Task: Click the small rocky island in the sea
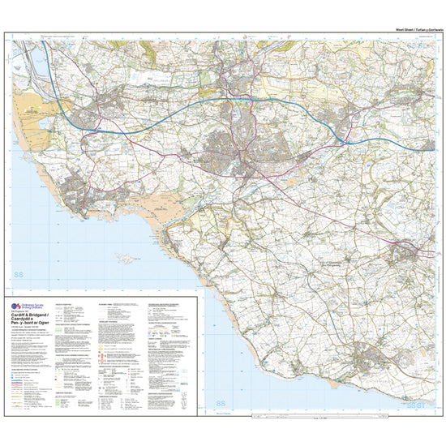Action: coord(125,258)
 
